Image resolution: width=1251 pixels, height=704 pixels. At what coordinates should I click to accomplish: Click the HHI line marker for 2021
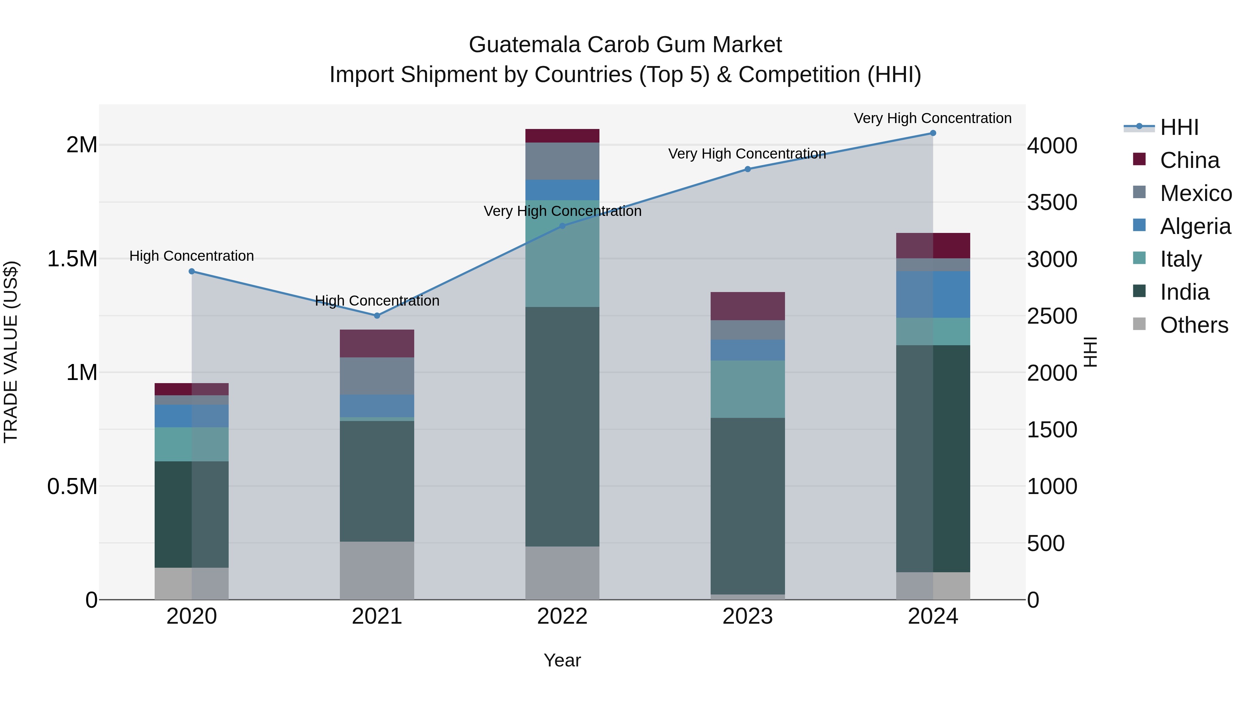click(x=377, y=316)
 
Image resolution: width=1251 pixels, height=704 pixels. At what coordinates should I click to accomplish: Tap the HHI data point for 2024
click(x=933, y=133)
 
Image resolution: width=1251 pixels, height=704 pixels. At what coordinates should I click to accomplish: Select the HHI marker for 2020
click(x=192, y=272)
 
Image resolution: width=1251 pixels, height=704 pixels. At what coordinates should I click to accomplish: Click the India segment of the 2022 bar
click(x=562, y=427)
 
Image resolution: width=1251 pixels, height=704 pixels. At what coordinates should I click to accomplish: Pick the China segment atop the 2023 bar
click(x=748, y=306)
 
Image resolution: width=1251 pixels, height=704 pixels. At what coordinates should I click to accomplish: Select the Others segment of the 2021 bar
click(x=377, y=571)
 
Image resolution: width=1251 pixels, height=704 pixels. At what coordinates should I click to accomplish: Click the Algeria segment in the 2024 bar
click(x=933, y=294)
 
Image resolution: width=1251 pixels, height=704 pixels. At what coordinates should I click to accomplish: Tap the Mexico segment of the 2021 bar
click(x=377, y=376)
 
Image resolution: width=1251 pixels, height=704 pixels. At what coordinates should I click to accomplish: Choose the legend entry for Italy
click(x=1180, y=259)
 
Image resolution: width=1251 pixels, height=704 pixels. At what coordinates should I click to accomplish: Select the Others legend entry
click(x=1193, y=325)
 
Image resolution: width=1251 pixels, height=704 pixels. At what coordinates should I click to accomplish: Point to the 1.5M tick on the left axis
click(x=72, y=259)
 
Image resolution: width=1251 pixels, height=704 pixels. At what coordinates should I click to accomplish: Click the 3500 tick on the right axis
click(x=1052, y=203)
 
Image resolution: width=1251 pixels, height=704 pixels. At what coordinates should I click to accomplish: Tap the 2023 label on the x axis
click(x=747, y=616)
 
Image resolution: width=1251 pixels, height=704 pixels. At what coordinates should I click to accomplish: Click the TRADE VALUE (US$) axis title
click(x=11, y=352)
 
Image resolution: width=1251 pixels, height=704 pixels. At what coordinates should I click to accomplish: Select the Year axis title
click(x=562, y=660)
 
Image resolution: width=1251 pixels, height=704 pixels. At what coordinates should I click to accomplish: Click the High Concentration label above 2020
click(x=191, y=256)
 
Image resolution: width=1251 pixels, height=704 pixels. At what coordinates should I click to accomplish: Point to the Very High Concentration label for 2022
click(x=562, y=211)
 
